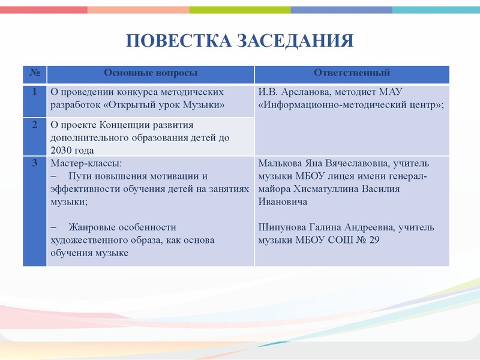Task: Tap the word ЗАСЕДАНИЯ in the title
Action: pos(296,41)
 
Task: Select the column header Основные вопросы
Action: pos(151,73)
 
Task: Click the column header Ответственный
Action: pos(352,73)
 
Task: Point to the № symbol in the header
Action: pos(34,73)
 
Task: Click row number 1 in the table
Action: pos(34,92)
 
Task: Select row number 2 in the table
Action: pos(34,125)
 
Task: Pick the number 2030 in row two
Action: pos(61,150)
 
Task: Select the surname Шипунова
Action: pos(281,227)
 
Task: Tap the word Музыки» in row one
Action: pos(204,105)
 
